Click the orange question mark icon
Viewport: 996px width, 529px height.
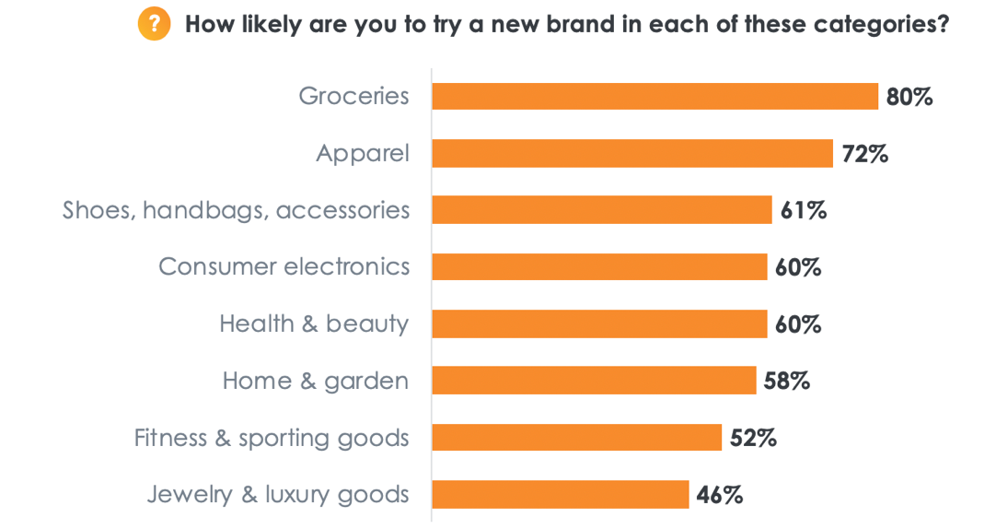(x=154, y=24)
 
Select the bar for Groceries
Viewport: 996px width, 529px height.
(x=654, y=96)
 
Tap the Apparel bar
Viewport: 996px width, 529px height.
(x=632, y=153)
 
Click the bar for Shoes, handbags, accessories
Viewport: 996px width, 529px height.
(x=601, y=210)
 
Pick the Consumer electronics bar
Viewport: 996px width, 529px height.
(x=599, y=267)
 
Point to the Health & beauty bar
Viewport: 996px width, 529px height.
(x=599, y=323)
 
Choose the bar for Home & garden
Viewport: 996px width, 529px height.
(x=594, y=381)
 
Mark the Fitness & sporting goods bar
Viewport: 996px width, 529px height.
(x=576, y=438)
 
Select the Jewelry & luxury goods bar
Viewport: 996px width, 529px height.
(x=560, y=494)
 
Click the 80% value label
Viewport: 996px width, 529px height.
(x=909, y=97)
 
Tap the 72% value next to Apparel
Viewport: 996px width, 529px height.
(x=864, y=154)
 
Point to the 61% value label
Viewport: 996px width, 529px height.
(x=804, y=211)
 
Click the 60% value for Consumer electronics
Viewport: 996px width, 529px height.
(x=798, y=268)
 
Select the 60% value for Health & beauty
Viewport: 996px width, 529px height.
(x=798, y=324)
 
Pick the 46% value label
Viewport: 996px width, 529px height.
(x=720, y=495)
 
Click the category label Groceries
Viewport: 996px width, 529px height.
(x=353, y=96)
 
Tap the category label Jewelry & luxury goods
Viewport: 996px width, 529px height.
(x=278, y=495)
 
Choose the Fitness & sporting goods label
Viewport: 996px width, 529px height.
(x=272, y=438)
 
